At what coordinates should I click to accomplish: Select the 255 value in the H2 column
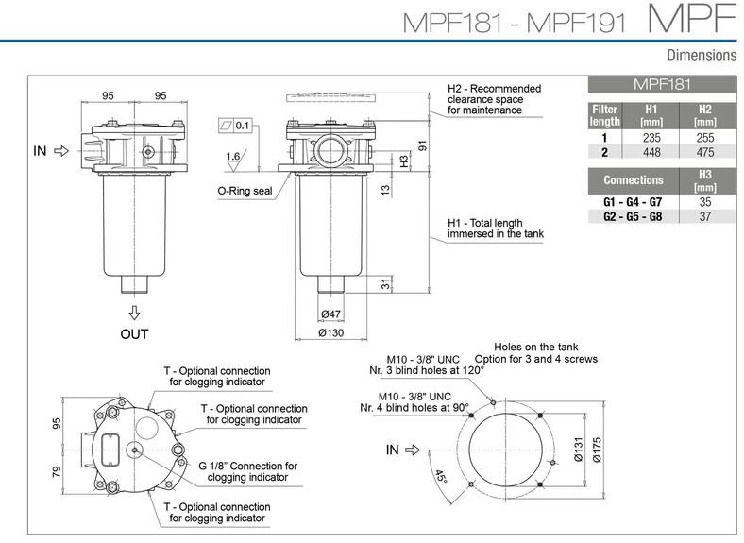coord(703,137)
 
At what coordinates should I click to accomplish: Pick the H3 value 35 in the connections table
coord(703,201)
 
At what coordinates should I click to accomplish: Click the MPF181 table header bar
coord(661,84)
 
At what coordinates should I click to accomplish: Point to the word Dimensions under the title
coord(701,56)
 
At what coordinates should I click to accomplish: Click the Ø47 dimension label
coord(331,314)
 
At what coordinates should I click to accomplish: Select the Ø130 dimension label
coord(331,333)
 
